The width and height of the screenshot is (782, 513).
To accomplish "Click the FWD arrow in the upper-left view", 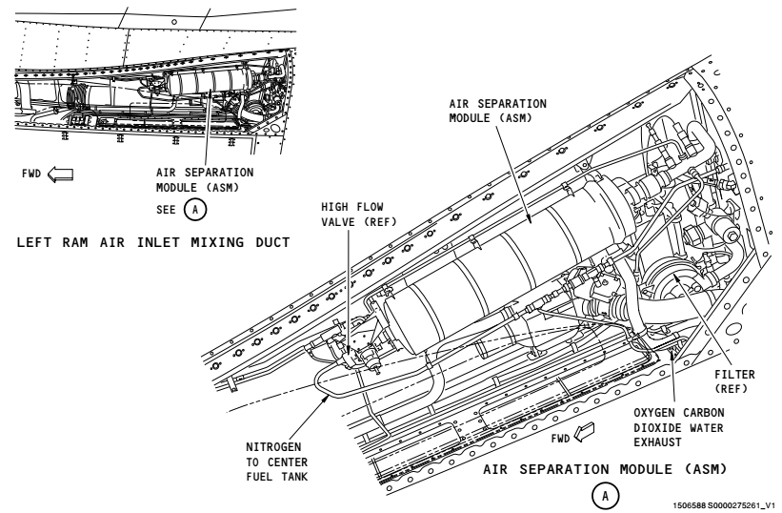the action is tap(60, 174).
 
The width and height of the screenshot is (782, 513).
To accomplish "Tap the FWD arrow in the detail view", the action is tap(584, 432).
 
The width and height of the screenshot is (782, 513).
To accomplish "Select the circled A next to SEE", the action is tap(195, 209).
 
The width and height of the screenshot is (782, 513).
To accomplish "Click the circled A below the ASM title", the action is tap(606, 496).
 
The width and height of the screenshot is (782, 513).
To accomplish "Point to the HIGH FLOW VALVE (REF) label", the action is tap(358, 215).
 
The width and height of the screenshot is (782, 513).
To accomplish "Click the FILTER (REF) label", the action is tap(734, 381).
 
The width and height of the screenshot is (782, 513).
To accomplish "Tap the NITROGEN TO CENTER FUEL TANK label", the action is tap(277, 462).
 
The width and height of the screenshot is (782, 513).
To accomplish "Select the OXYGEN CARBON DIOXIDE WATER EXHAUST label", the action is tap(679, 428).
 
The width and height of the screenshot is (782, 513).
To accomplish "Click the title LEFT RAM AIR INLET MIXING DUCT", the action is tap(153, 242).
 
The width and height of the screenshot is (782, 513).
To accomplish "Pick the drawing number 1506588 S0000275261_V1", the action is tap(724, 505).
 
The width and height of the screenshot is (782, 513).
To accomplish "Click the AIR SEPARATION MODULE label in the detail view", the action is tap(498, 111).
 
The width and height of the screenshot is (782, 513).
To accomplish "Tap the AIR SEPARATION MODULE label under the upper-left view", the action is tap(205, 179).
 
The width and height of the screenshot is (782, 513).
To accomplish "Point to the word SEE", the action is tap(166, 210).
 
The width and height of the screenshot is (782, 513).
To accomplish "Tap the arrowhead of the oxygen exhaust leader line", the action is tap(672, 354).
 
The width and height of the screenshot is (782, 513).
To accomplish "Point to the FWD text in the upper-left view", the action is tap(31, 174).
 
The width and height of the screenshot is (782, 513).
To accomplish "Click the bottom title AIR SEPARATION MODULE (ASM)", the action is tap(605, 469).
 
